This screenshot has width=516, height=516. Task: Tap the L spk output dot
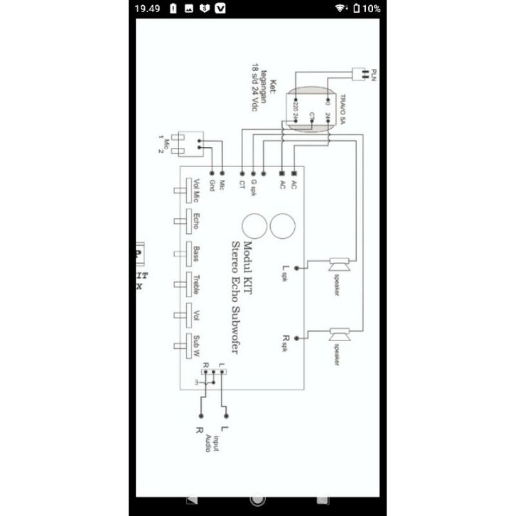(x=296, y=269)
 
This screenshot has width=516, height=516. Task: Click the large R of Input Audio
(x=200, y=429)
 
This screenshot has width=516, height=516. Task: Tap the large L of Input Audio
(x=226, y=429)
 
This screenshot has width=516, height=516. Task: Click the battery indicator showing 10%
(x=367, y=9)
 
